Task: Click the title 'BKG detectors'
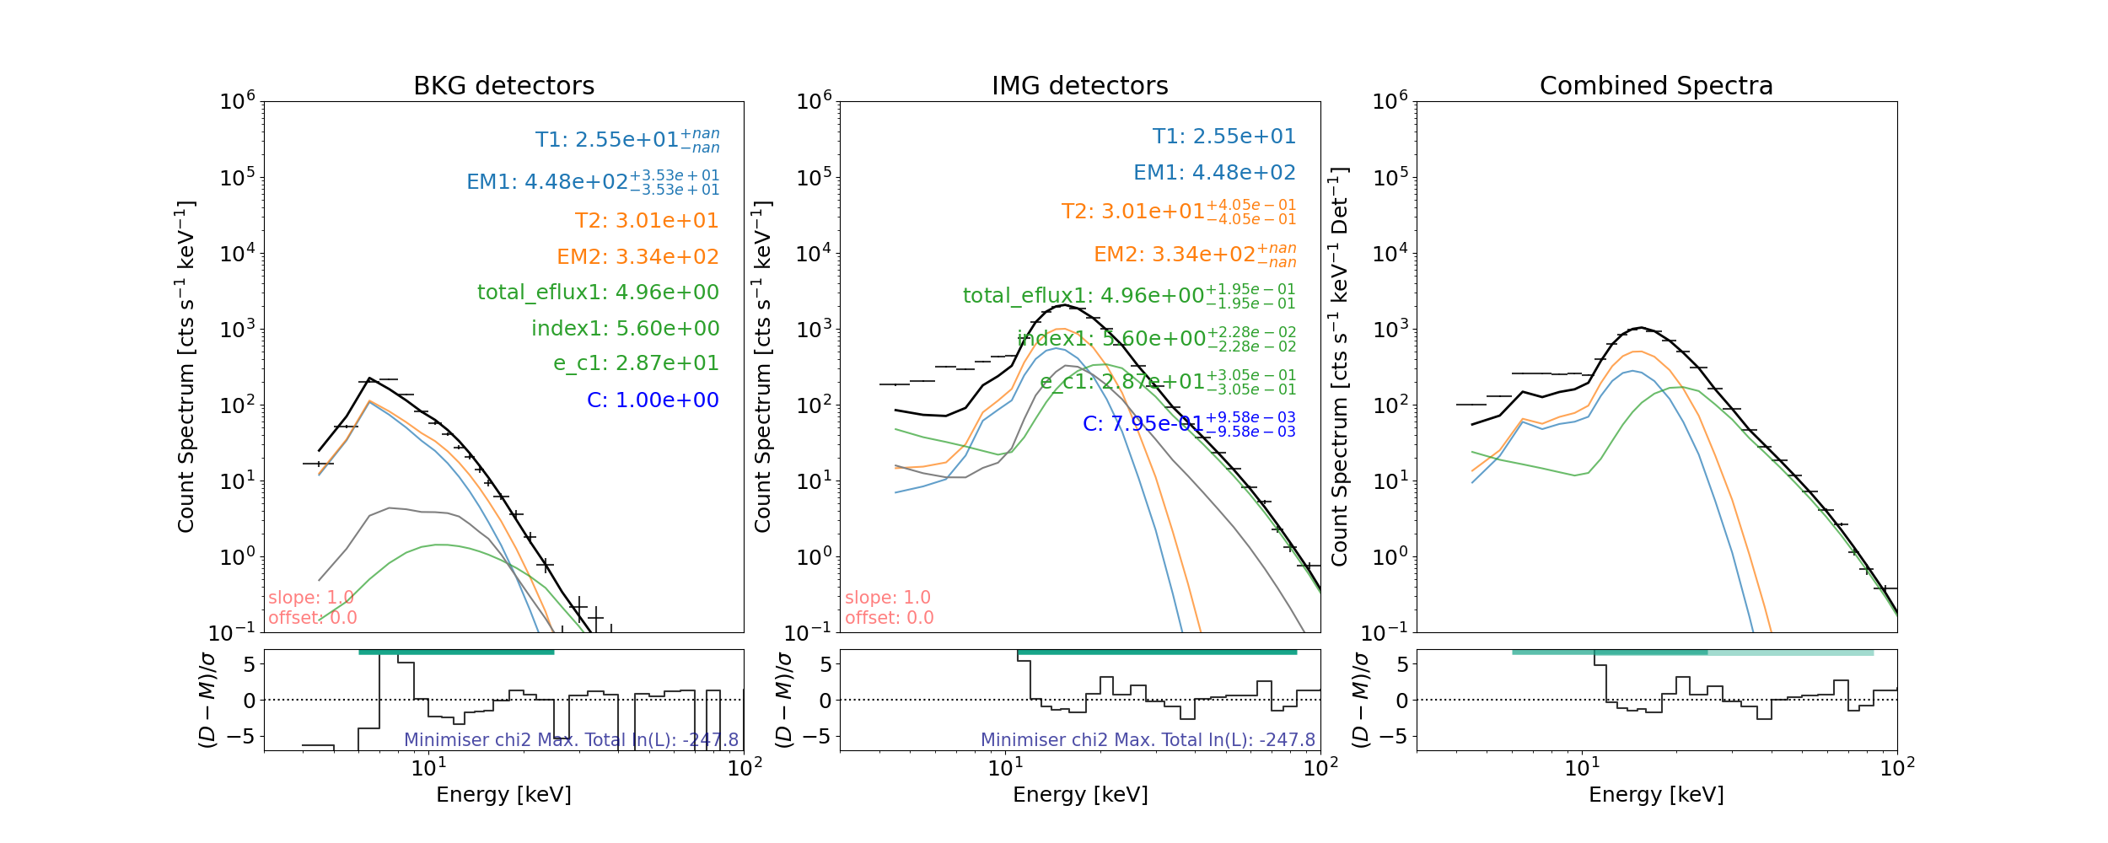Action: pyautogui.click(x=503, y=86)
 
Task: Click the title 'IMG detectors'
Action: pyautogui.click(x=1079, y=86)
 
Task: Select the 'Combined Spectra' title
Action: pyautogui.click(x=1656, y=86)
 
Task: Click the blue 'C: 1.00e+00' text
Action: pyautogui.click(x=653, y=400)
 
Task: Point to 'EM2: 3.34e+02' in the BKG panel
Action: pyautogui.click(x=637, y=257)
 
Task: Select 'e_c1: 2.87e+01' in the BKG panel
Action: pyautogui.click(x=636, y=363)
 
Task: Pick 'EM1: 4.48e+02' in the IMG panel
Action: pyautogui.click(x=1214, y=173)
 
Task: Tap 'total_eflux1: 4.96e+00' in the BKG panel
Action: pyautogui.click(x=598, y=293)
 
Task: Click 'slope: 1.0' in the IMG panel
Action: pyautogui.click(x=887, y=598)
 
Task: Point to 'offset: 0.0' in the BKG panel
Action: pyautogui.click(x=312, y=618)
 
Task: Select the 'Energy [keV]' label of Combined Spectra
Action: pyautogui.click(x=1656, y=795)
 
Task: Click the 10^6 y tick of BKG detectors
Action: pyautogui.click(x=237, y=102)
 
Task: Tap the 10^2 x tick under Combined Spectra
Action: pyautogui.click(x=1897, y=768)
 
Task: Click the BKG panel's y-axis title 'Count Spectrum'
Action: pyautogui.click(x=186, y=367)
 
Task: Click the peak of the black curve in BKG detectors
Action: pyautogui.click(x=370, y=380)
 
